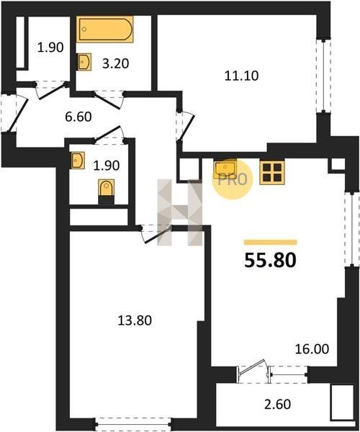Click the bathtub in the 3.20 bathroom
pos(104,30)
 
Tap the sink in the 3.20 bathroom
pos(84,62)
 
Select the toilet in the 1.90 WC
pos(107,192)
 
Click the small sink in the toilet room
pos(77,161)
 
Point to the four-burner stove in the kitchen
pos(272,173)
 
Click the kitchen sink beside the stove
pos(225,168)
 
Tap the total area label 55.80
pos(270,261)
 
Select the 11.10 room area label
pos(242,76)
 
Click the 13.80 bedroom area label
pos(135,320)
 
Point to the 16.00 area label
pos(312,349)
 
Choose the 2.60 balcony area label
pos(278,405)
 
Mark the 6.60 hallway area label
pos(78,117)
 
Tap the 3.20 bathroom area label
pos(115,63)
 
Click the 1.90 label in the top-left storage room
pos(50,48)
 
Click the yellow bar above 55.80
pos(271,242)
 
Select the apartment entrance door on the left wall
pos(14,113)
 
